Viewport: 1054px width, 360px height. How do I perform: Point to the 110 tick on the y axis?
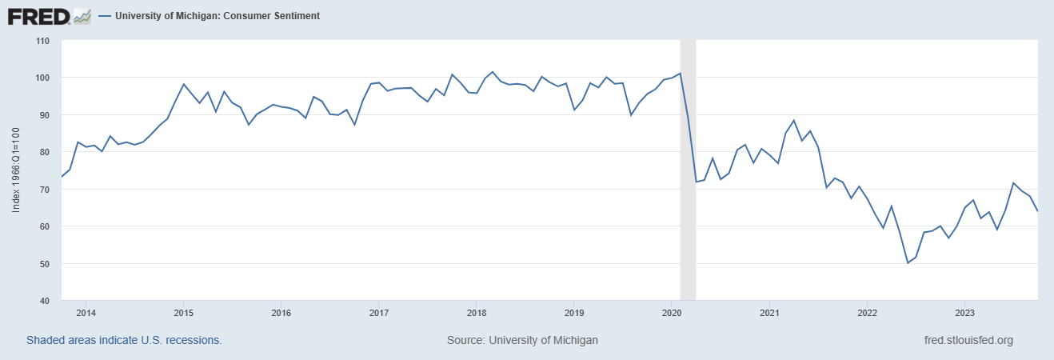[x=42, y=41]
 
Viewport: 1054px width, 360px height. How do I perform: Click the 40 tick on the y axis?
[x=45, y=301]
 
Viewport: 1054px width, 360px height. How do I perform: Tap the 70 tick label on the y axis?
[x=45, y=190]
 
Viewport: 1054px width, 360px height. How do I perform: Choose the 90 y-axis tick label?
[x=45, y=115]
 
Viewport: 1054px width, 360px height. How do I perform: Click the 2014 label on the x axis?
[x=86, y=313]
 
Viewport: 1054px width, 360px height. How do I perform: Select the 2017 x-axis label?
[x=379, y=313]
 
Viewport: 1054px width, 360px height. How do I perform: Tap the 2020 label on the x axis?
[x=672, y=313]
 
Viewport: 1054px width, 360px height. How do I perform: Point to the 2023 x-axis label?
[x=964, y=313]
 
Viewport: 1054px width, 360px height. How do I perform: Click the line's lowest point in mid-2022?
[x=908, y=262]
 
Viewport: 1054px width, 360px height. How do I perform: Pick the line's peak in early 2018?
[x=493, y=72]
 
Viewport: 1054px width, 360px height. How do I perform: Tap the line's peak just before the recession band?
[x=680, y=74]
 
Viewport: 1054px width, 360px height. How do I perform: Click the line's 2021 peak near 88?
[x=793, y=121]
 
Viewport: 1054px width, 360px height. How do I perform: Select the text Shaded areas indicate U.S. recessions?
[x=124, y=340]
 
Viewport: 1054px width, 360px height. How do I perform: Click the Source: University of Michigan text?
[x=522, y=340]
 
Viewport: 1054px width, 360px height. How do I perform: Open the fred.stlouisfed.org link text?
[x=968, y=340]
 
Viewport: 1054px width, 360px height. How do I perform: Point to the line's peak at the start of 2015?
[x=184, y=84]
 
